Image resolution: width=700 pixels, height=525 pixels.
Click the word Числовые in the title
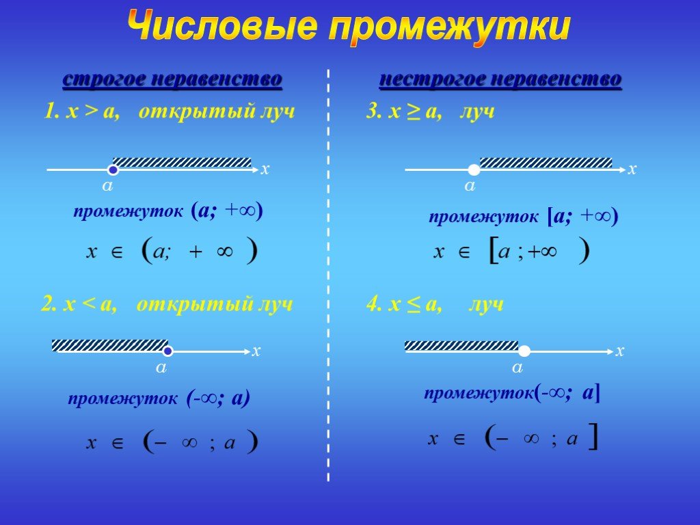(x=223, y=27)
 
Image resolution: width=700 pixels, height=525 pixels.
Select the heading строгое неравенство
(x=172, y=80)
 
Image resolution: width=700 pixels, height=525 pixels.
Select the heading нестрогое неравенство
(x=500, y=80)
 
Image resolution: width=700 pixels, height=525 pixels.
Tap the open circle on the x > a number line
(x=113, y=170)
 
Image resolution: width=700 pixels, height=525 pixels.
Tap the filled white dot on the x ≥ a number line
(x=474, y=170)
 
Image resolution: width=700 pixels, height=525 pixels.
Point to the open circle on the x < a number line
(x=167, y=351)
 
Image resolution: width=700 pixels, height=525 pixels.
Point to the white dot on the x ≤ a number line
(x=524, y=351)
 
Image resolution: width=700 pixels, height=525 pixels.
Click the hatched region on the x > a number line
(x=182, y=163)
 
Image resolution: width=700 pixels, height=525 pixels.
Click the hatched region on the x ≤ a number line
(x=461, y=345)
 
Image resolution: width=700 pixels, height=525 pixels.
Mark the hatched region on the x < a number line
(x=110, y=345)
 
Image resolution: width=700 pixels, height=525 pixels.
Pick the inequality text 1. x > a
(x=82, y=111)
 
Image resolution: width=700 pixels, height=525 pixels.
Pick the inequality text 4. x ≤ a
(x=404, y=305)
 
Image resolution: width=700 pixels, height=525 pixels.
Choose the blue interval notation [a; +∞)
(x=582, y=217)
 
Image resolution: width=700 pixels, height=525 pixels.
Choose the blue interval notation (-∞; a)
(x=218, y=398)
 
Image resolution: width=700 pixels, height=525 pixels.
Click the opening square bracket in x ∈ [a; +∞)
(x=494, y=251)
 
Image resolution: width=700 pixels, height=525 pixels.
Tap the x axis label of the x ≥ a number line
(x=632, y=170)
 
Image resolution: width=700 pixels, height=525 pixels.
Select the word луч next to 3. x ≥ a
(x=477, y=111)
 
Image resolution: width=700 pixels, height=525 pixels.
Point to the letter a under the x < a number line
(x=161, y=368)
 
